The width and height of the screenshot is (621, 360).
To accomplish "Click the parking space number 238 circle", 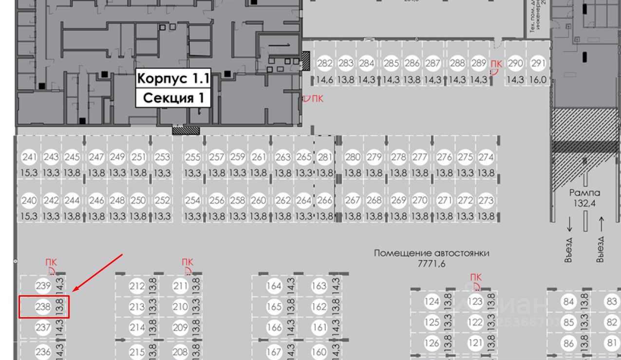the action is tap(43, 307).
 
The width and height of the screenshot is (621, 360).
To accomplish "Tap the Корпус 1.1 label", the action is tap(173, 78).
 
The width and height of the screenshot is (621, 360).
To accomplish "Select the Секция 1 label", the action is tap(173, 98).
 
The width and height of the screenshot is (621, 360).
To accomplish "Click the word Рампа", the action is tap(585, 192).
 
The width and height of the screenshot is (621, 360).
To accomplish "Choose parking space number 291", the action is tap(538, 63).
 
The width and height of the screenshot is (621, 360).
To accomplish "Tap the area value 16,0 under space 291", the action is tap(538, 79).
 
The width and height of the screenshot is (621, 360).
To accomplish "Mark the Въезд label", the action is tap(568, 249).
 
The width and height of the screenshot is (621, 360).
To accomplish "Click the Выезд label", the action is tap(601, 249).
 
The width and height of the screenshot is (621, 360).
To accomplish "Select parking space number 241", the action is tap(29, 157).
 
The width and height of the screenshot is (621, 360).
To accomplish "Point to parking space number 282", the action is tap(325, 63).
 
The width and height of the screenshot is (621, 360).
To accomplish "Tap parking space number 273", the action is tap(486, 200).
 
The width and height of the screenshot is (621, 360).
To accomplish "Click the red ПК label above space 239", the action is tap(51, 263).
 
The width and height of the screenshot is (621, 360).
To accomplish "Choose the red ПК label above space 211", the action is tap(188, 263).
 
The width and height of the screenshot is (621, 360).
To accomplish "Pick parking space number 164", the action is tap(274, 286).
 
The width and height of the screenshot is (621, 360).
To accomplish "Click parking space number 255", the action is tap(193, 157).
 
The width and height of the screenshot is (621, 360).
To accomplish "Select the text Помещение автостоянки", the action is tap(432, 253).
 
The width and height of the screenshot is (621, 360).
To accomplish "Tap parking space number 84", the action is tap(568, 302).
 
